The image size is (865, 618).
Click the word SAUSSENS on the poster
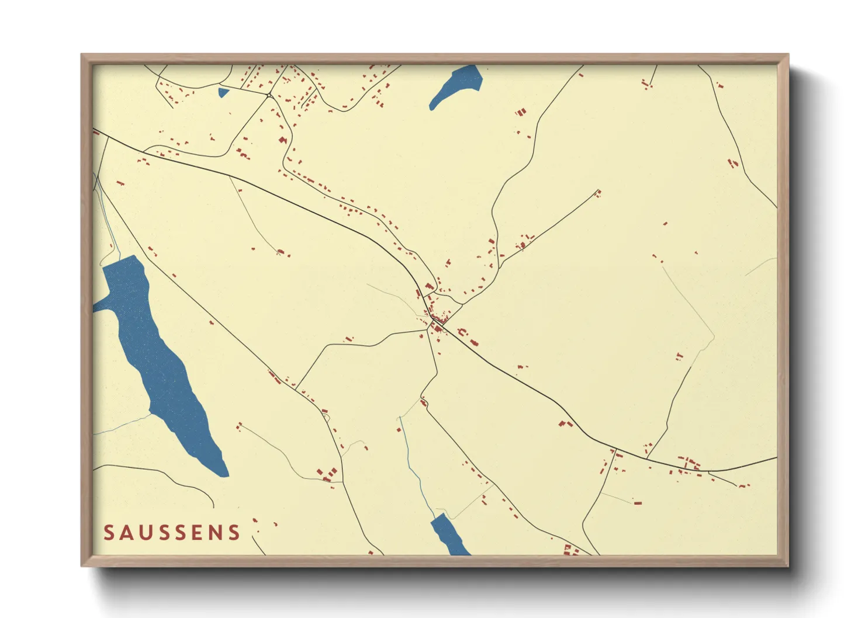point(172,532)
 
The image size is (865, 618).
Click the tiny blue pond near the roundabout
point(223,92)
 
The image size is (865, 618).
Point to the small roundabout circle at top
point(269,95)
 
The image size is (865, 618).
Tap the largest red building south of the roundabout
point(283,140)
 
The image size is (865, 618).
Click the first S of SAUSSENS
point(109,532)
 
